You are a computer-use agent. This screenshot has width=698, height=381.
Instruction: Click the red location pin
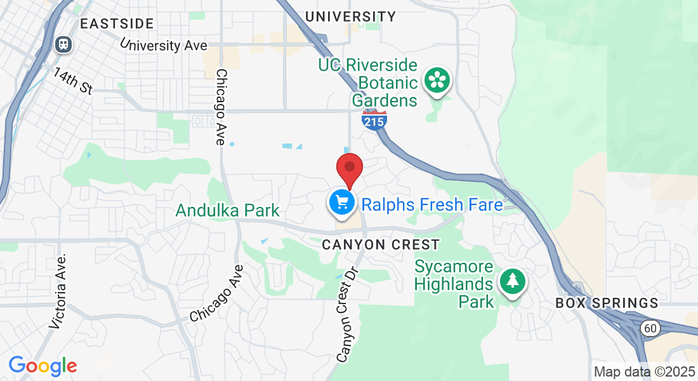point(349,168)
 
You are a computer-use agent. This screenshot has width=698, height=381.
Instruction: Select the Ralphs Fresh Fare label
point(431,204)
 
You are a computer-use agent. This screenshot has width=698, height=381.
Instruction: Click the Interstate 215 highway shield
point(374,119)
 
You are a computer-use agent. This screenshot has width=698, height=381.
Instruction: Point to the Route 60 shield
point(649,328)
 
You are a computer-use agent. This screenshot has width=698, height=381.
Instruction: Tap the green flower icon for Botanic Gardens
point(437,80)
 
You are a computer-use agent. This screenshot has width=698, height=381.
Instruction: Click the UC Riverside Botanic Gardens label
point(368,83)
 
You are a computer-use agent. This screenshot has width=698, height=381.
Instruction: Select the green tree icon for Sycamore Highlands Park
point(512,281)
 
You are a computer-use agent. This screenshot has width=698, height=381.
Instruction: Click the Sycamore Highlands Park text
point(454,283)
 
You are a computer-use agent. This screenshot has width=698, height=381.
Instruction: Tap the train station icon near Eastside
point(63,44)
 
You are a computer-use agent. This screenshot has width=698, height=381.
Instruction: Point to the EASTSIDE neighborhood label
point(117,24)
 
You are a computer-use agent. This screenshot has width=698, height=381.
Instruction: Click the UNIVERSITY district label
point(350,17)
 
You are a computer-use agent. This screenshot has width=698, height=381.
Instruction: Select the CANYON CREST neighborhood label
point(380,244)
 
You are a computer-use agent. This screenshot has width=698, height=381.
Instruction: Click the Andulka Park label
point(228,210)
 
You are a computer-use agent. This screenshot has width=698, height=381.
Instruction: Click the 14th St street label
point(73,81)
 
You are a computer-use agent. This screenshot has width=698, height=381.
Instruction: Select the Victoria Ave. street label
point(58,291)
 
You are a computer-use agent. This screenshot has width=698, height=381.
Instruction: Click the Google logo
point(43,366)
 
